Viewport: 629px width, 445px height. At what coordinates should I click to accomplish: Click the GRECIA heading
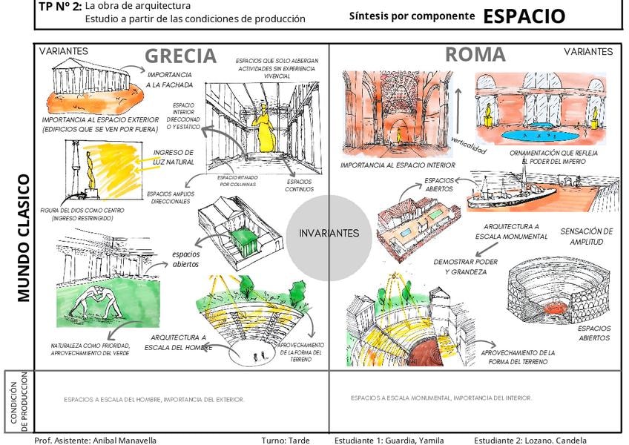point(180,56)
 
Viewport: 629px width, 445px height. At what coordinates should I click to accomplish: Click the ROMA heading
point(475,54)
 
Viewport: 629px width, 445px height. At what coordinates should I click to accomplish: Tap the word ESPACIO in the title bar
point(524,16)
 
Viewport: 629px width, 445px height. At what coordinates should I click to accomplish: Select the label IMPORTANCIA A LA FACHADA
point(169,80)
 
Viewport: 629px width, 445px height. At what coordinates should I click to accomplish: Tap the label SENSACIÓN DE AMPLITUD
point(587,237)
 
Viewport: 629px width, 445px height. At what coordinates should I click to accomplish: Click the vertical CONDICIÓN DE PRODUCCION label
point(19,401)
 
